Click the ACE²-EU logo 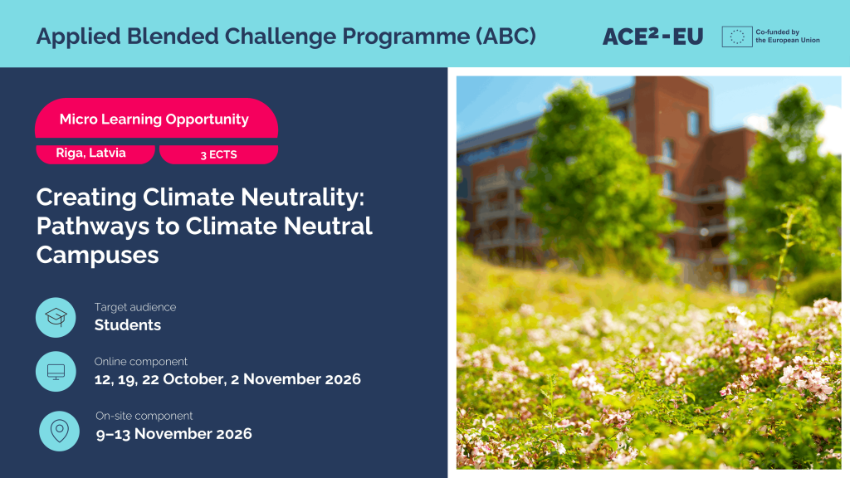[652, 37]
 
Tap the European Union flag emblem [737, 37]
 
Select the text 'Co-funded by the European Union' [787, 36]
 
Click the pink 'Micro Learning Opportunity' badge [156, 118]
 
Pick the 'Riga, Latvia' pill [95, 154]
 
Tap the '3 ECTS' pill [218, 154]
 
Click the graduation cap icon [56, 317]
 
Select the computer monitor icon [56, 372]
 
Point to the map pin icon [59, 432]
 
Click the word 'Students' [127, 325]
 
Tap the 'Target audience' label [135, 307]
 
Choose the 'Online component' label [141, 362]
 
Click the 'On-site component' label [144, 417]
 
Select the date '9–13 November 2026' [174, 433]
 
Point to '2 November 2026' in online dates [296, 378]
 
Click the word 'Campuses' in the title [98, 255]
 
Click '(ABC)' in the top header [506, 37]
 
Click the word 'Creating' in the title [86, 198]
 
